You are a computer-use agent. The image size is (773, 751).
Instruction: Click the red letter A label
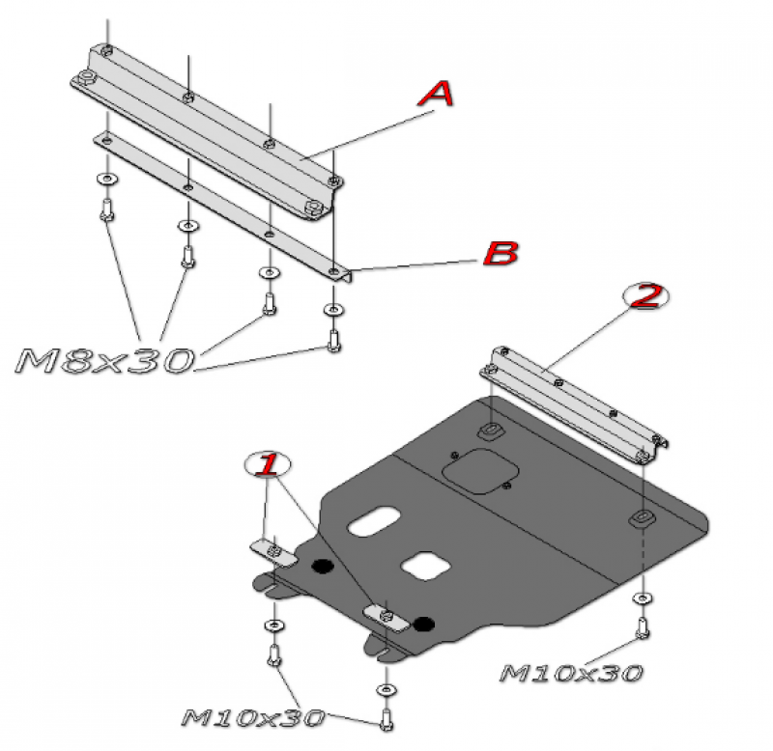(x=436, y=94)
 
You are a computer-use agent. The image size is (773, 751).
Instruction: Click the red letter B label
(x=501, y=254)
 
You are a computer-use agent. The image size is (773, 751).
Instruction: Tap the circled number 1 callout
(x=268, y=464)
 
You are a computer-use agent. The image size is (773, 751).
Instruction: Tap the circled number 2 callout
(x=646, y=296)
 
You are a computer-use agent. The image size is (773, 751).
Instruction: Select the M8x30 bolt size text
(x=104, y=360)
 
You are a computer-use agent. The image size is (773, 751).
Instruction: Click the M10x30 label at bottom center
(x=253, y=718)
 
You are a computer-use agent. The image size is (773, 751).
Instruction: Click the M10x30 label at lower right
(x=571, y=673)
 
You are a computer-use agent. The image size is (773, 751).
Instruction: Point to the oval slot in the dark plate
(x=374, y=521)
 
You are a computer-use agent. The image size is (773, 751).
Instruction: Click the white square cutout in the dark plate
(x=425, y=566)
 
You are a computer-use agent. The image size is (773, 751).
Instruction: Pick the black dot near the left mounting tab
(x=323, y=567)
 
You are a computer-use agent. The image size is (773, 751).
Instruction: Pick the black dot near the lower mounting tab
(x=424, y=625)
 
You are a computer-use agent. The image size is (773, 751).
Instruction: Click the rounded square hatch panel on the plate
(x=479, y=471)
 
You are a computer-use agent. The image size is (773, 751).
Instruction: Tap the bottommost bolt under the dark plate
(x=386, y=719)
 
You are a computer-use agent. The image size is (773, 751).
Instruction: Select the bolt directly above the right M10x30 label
(x=643, y=627)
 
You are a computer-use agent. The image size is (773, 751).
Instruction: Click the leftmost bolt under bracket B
(x=107, y=210)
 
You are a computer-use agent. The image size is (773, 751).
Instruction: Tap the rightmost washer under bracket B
(x=333, y=310)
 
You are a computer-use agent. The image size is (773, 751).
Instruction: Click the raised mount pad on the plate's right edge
(x=642, y=519)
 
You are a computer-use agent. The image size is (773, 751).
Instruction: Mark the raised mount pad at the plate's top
(x=491, y=430)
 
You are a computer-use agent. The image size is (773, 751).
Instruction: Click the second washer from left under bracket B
(x=187, y=226)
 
